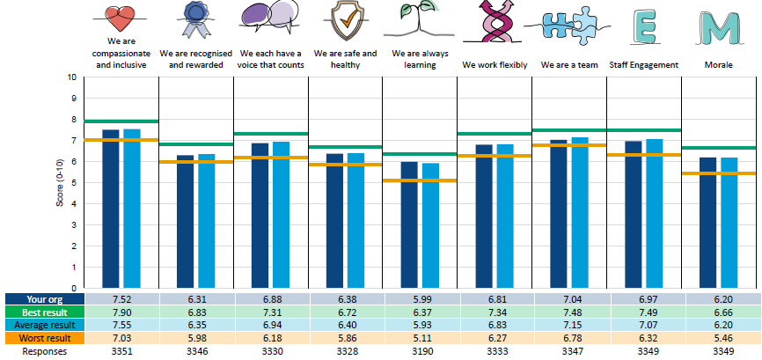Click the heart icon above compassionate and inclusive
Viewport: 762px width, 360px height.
pyautogui.click(x=120, y=19)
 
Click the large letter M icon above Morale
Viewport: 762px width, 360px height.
pyautogui.click(x=722, y=27)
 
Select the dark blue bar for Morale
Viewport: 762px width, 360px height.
pyautogui.click(x=707, y=223)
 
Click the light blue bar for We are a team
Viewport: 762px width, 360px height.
pyautogui.click(x=580, y=213)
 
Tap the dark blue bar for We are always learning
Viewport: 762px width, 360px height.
pyautogui.click(x=408, y=225)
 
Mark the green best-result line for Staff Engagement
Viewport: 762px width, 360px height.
pyautogui.click(x=644, y=130)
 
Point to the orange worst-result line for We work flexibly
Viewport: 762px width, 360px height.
pyautogui.click(x=495, y=156)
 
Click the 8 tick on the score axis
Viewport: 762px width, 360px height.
pyautogui.click(x=73, y=120)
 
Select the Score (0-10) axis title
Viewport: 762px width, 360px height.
pyautogui.click(x=60, y=183)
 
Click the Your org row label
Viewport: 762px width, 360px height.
pyautogui.click(x=44, y=299)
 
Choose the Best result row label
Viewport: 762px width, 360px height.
pyautogui.click(x=44, y=312)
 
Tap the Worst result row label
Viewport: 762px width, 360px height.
pyautogui.click(x=44, y=338)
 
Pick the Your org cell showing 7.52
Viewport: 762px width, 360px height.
pyautogui.click(x=121, y=299)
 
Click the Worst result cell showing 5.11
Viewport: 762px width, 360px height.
pyautogui.click(x=420, y=338)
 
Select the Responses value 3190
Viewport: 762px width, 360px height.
pyautogui.click(x=420, y=351)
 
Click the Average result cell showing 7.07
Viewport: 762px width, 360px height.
pyautogui.click(x=644, y=325)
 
